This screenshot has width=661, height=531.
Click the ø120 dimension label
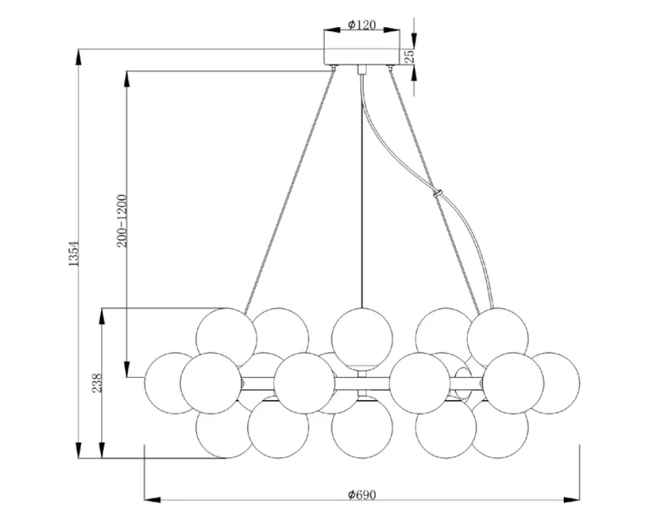point(362,25)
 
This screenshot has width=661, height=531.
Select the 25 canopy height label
point(410,56)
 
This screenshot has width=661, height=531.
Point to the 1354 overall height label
point(74,253)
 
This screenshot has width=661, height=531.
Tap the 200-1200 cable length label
point(122,221)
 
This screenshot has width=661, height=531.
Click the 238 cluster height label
point(97,382)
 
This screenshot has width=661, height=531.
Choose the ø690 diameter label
point(362,495)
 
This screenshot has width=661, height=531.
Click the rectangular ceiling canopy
point(362,57)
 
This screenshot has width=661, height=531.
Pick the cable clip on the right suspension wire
point(438,194)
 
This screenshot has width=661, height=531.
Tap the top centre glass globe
point(362,339)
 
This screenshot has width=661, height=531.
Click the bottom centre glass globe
point(362,427)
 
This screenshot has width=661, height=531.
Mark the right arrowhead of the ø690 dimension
point(572,500)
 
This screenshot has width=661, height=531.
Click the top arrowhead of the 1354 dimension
point(79,58)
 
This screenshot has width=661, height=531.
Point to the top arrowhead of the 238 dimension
point(102,316)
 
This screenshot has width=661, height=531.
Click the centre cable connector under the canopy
point(362,70)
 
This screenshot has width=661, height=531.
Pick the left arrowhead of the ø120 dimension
point(332,30)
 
